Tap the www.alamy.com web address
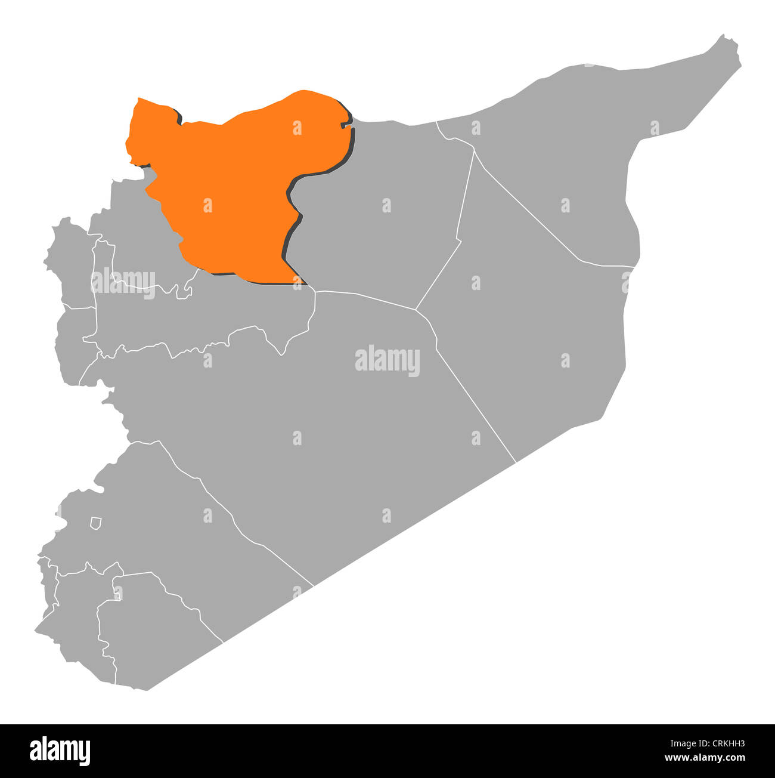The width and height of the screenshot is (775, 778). click(x=705, y=758)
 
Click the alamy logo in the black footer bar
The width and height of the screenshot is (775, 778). click(x=60, y=751)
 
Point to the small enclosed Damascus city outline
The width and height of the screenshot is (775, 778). click(x=95, y=523)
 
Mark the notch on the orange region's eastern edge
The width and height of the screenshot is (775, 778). click(x=344, y=125)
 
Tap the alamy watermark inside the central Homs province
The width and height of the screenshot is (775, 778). click(x=387, y=360)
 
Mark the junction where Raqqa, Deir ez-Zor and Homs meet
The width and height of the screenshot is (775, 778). click(x=416, y=309)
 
